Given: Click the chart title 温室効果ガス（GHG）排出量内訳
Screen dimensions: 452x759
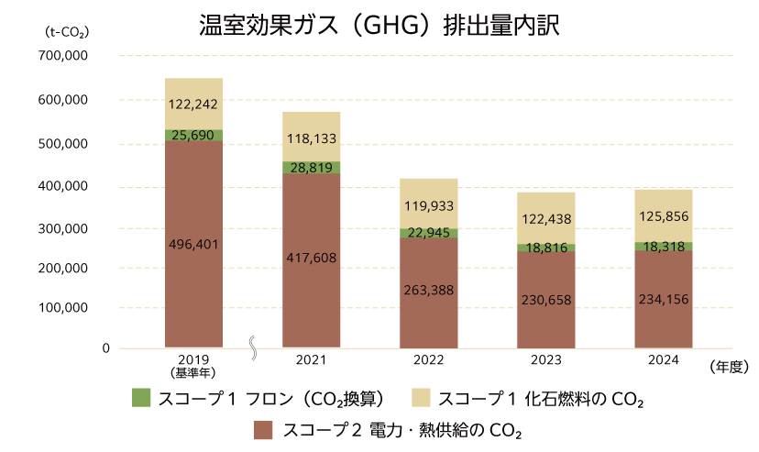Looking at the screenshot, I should click(x=379, y=25).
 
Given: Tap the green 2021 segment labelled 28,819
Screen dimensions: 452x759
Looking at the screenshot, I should click(x=312, y=168).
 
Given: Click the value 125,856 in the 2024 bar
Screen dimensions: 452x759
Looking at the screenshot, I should click(x=663, y=217).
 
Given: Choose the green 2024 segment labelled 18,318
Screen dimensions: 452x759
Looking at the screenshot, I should click(x=663, y=247).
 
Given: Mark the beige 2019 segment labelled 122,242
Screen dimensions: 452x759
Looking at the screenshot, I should click(x=194, y=104).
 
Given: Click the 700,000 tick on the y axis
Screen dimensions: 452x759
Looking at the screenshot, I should click(x=62, y=56).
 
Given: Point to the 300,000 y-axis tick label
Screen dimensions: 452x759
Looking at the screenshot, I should click(x=62, y=228).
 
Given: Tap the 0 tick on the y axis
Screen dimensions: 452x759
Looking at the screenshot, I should click(x=105, y=348).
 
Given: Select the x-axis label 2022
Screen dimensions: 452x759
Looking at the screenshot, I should click(x=428, y=360).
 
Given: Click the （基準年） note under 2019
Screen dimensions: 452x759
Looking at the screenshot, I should click(x=194, y=373).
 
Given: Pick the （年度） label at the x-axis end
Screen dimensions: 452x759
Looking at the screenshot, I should click(x=730, y=366).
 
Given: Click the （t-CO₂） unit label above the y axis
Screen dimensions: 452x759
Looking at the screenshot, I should click(x=65, y=32).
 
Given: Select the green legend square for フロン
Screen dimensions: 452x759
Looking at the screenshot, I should click(x=140, y=398).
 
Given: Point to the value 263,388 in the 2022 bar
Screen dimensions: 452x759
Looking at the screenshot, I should click(x=428, y=290).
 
